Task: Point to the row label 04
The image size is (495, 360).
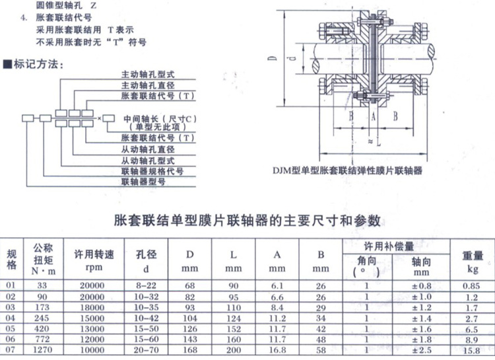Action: [10, 318]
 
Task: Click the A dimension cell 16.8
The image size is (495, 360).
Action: [277, 349]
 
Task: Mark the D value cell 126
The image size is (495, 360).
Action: [190, 328]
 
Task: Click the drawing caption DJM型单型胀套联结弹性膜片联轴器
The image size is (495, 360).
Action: [347, 170]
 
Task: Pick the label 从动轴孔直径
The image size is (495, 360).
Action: [148, 149]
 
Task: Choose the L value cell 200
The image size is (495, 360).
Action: [232, 349]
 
